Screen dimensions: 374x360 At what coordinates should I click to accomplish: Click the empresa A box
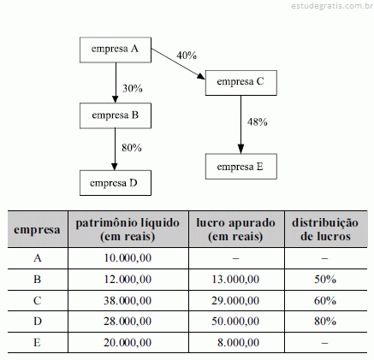[116, 50]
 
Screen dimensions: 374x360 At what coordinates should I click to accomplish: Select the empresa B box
[116, 115]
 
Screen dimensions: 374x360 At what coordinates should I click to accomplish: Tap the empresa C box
[241, 83]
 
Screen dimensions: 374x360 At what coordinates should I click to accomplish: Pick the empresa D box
[116, 183]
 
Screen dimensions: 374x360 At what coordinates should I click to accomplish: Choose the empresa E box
[241, 167]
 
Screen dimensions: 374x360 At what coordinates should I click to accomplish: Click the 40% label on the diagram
[187, 56]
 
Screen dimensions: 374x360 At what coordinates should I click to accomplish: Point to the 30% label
[133, 88]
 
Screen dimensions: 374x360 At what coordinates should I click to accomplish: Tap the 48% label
[257, 122]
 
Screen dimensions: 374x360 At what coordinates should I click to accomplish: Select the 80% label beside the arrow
[132, 148]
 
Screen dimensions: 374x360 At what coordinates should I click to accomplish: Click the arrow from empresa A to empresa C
[178, 64]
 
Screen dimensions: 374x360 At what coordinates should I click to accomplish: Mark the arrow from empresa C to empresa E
[240, 125]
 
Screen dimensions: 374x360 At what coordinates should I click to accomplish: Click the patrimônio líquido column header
[128, 229]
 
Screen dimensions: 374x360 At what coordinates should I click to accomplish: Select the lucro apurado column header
[235, 229]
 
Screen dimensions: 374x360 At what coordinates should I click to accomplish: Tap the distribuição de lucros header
[325, 229]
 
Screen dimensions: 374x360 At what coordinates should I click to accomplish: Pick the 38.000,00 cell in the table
[128, 301]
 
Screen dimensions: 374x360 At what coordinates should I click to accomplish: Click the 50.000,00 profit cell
[235, 322]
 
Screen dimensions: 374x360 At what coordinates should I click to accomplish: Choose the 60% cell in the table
[325, 301]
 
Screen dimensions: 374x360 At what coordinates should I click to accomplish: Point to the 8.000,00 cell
[238, 343]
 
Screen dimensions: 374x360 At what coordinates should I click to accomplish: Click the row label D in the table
[38, 322]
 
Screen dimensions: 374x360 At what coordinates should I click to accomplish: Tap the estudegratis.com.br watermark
[332, 6]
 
